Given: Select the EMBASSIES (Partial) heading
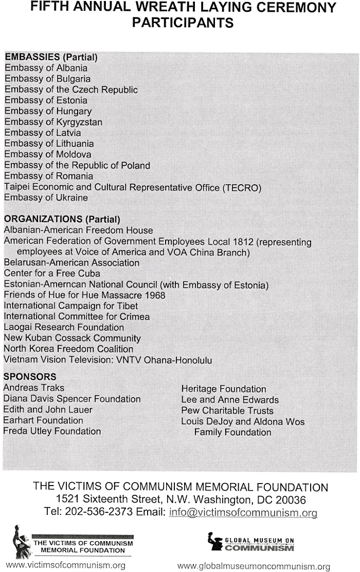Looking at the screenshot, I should (x=51, y=57).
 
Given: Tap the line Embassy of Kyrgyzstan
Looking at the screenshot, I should (x=53, y=122).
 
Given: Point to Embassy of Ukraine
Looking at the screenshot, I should (x=46, y=198).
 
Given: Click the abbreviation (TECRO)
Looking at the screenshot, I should (x=242, y=187).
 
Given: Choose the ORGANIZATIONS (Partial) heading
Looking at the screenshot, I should (x=62, y=219).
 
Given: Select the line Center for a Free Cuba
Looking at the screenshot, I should (x=52, y=273).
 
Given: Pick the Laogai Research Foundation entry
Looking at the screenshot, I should (x=64, y=327).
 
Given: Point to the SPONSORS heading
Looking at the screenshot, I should (x=29, y=377).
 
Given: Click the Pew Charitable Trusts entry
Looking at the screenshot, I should (x=227, y=410).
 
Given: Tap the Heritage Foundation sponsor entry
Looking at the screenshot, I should (x=224, y=389).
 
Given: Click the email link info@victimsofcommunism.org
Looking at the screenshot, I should (x=243, y=512).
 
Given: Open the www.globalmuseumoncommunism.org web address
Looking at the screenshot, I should (x=254, y=566).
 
